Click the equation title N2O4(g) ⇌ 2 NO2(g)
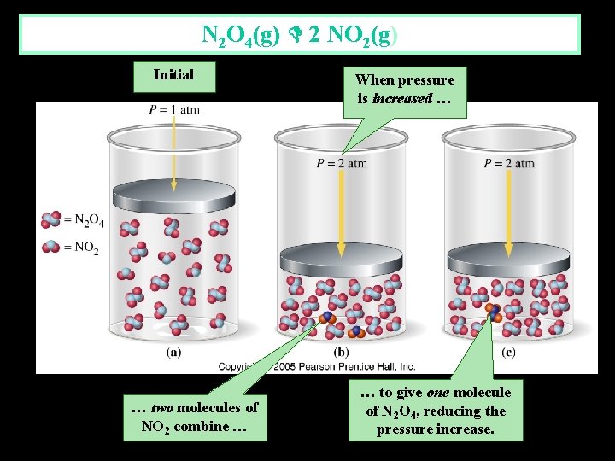pos(299,35)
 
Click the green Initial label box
pos(173,75)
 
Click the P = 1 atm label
pos(173,109)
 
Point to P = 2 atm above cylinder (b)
pos(342,164)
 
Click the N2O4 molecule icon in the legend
pos(52,219)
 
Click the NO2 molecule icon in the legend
pos(52,247)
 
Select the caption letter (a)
pos(173,352)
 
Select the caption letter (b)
pos(342,352)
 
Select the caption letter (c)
pos(508,352)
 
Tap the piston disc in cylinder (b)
pos(342,255)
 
